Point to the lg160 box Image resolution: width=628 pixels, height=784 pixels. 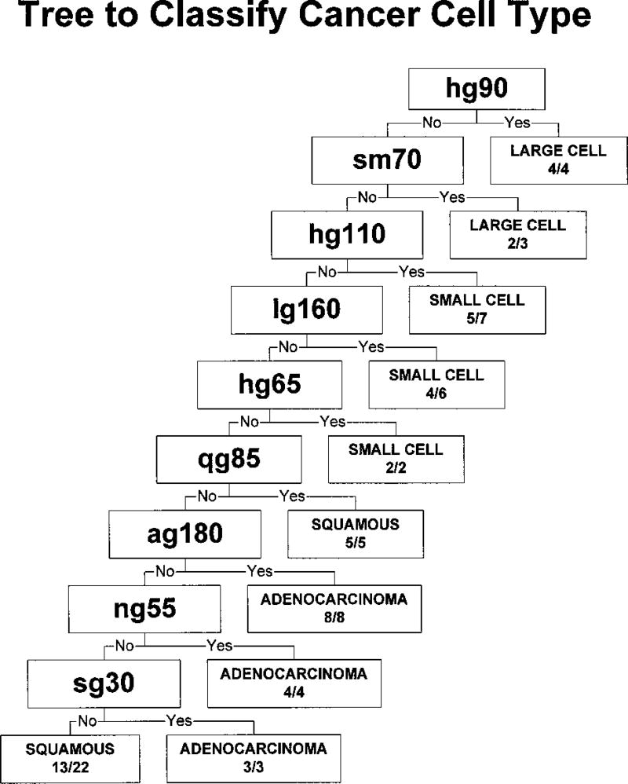pos(306,309)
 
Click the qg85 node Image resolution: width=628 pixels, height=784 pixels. pos(229,457)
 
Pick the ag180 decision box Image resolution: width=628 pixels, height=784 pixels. pos(184,533)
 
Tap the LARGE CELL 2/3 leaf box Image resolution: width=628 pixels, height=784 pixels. pos(517,234)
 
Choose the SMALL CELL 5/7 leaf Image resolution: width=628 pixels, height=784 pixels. pos(476,309)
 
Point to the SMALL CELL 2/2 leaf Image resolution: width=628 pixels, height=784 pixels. pos(396,458)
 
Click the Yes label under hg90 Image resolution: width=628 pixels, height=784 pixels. pos(517,123)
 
